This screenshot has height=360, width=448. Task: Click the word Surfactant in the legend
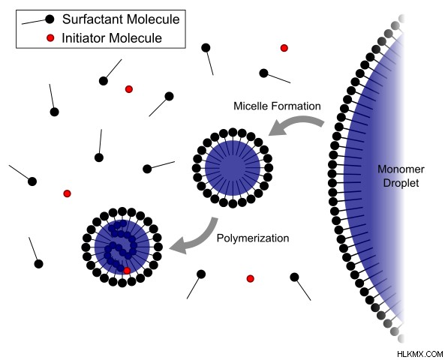pos(93,19)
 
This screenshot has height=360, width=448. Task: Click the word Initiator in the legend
pos(84,38)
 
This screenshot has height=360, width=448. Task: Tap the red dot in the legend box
pos(50,37)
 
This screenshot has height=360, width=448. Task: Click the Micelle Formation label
pos(277,106)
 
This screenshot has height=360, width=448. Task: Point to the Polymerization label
pos(253,238)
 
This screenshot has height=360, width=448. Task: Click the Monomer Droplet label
pos(401,175)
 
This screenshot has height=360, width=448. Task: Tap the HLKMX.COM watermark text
pos(420,354)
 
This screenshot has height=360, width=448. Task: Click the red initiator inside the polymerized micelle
pos(127,270)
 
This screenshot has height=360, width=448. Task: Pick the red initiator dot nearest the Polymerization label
pos(251,278)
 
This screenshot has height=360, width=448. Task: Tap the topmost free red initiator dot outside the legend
pos(284,48)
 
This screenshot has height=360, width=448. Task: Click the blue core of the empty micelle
pos(233,167)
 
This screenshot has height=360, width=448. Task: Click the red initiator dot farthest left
pos(67,193)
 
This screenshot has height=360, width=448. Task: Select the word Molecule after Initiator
pos(135,38)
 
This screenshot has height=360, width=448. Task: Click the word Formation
pos(296,106)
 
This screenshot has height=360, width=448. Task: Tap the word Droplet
pos(401,183)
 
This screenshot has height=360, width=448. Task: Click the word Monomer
pos(401,169)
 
